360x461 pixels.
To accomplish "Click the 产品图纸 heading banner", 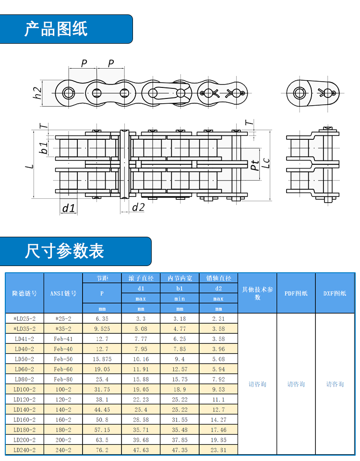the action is click(66, 29).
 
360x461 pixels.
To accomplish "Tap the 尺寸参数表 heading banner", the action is click(75, 251).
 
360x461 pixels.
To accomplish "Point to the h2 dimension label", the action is click(37, 93).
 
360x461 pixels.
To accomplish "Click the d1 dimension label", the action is click(69, 208).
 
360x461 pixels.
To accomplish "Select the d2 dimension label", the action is click(138, 207).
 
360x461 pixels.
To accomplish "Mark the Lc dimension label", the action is click(265, 163).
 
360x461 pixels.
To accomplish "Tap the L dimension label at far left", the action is click(29, 167).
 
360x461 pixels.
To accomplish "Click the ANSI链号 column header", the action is click(63, 293).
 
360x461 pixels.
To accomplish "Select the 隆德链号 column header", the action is click(24, 293).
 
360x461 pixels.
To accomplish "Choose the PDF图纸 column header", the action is click(296, 293).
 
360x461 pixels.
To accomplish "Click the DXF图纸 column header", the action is click(335, 293).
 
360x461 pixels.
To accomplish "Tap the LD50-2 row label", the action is click(24, 359).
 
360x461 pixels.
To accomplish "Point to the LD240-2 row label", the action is click(24, 450).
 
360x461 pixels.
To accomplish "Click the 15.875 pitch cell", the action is click(102, 359).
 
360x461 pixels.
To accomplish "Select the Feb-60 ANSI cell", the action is click(63, 369).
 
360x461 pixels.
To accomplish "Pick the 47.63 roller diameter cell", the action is click(141, 450).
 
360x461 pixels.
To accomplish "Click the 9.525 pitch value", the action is click(102, 328).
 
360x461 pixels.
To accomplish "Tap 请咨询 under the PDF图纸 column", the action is click(296, 384).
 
